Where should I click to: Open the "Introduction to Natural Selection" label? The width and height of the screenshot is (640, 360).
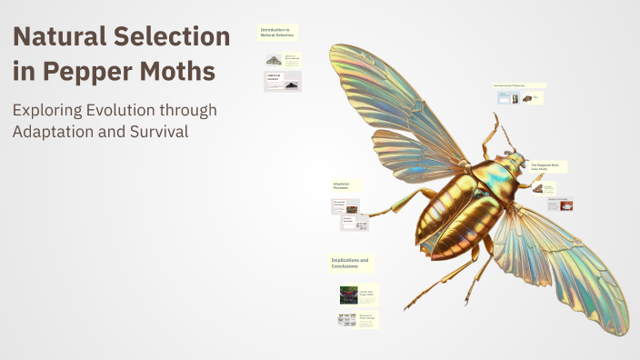coord(277,33)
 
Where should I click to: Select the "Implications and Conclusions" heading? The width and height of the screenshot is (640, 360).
coord(350,263)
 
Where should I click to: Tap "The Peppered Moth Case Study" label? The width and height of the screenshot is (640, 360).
coord(550,166)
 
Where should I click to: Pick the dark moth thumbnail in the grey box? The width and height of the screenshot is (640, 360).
coord(291,85)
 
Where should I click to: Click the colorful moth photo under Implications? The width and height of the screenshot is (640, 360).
coord(347,295)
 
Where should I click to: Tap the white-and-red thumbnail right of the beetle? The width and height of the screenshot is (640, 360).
coord(565,205)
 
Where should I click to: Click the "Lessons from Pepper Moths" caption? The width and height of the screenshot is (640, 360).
coord(367,293)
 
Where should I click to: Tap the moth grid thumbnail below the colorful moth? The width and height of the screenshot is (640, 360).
coord(346,319)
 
